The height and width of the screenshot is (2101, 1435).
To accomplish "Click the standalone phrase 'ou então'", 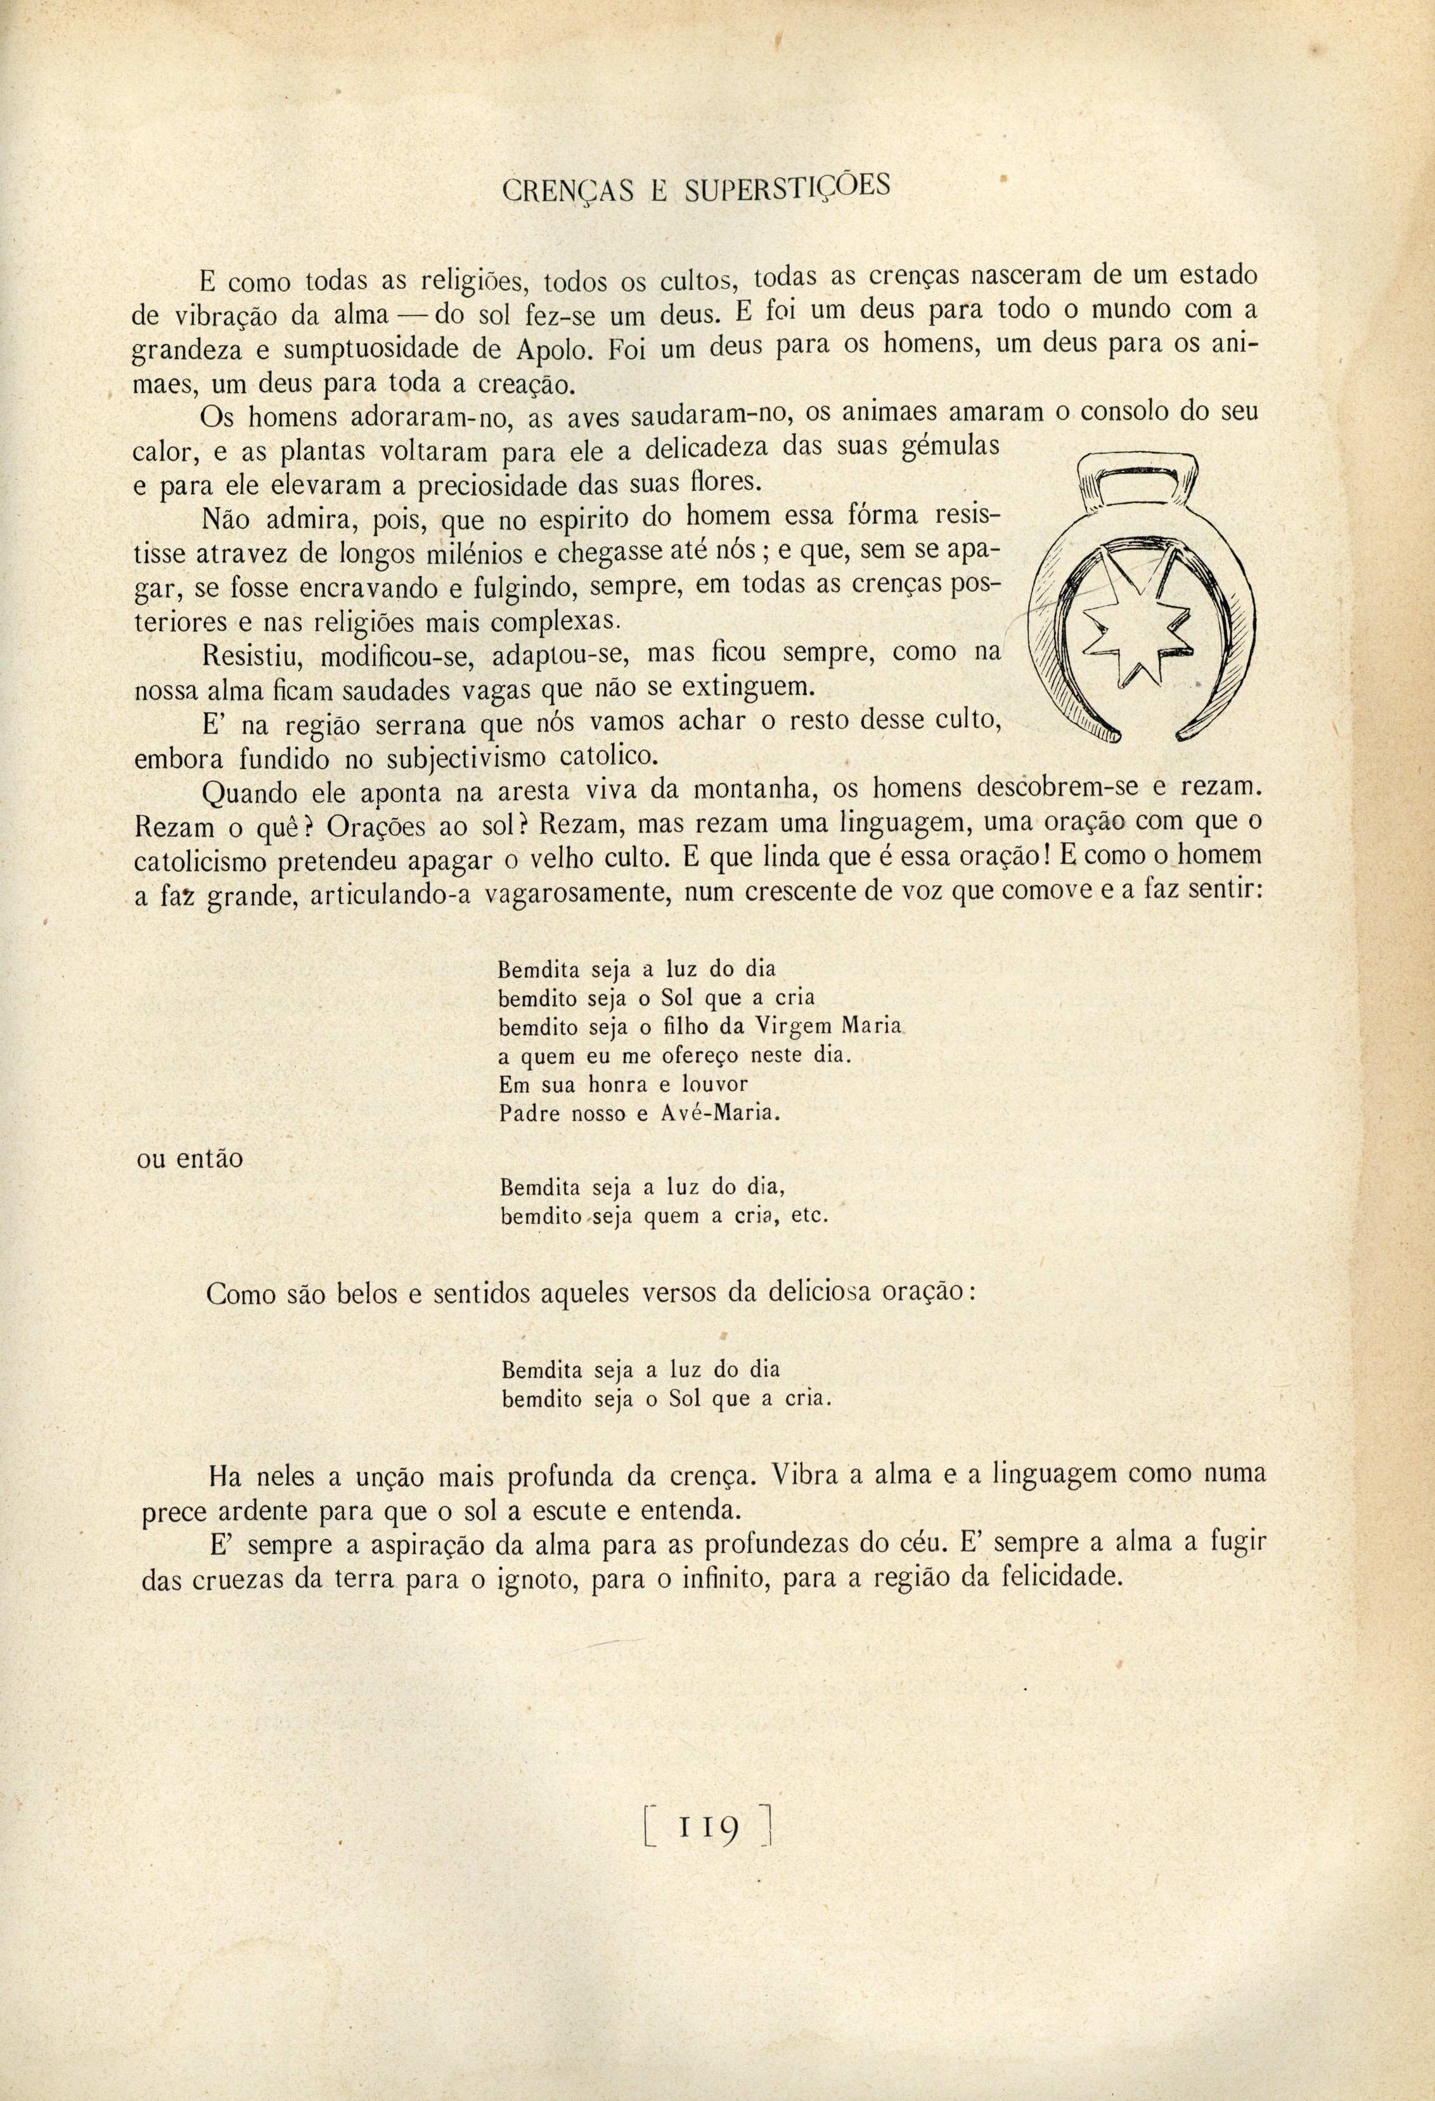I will point(189,1159).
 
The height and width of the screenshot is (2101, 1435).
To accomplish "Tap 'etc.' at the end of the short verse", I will point(810,1216).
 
